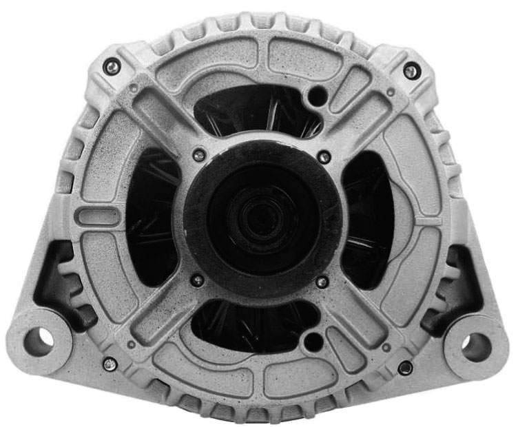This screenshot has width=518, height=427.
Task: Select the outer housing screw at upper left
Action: tap(111, 67)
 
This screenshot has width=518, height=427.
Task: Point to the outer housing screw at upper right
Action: tap(411, 70)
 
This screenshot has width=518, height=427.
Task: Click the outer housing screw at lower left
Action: tap(110, 363)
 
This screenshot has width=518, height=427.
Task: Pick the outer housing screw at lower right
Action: tap(406, 367)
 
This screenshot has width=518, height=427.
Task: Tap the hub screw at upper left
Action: tap(199, 156)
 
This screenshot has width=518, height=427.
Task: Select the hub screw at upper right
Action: tap(324, 158)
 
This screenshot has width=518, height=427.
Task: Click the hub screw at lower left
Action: tap(198, 280)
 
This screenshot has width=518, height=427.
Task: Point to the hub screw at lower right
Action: tap(322, 282)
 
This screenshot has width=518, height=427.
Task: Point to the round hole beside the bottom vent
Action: tap(313, 340)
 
